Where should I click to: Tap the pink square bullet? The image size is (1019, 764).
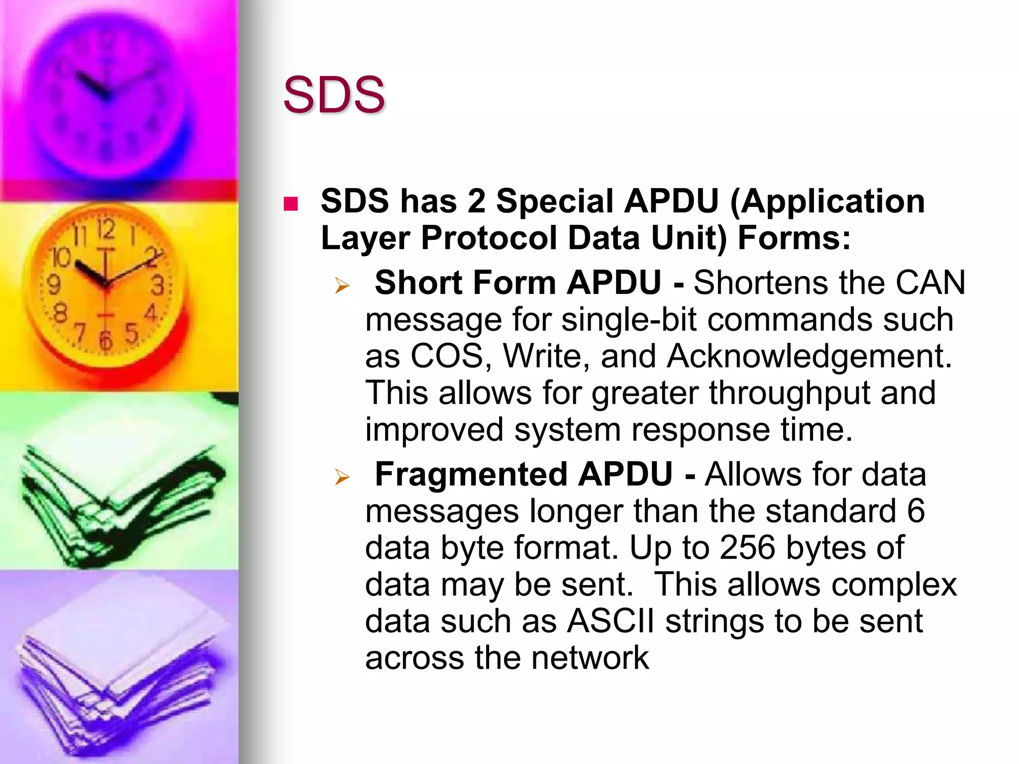pos(291,204)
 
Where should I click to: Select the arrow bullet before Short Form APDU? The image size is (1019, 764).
pos(342,286)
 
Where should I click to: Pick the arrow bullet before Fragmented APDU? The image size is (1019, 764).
pos(342,477)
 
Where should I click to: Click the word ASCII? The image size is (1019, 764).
pos(611,621)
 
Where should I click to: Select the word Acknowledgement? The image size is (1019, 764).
pos(809,356)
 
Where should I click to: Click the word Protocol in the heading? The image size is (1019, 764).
pos(489,238)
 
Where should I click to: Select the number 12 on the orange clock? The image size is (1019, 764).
pos(105,230)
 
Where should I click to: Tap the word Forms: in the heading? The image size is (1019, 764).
pos(794,238)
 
